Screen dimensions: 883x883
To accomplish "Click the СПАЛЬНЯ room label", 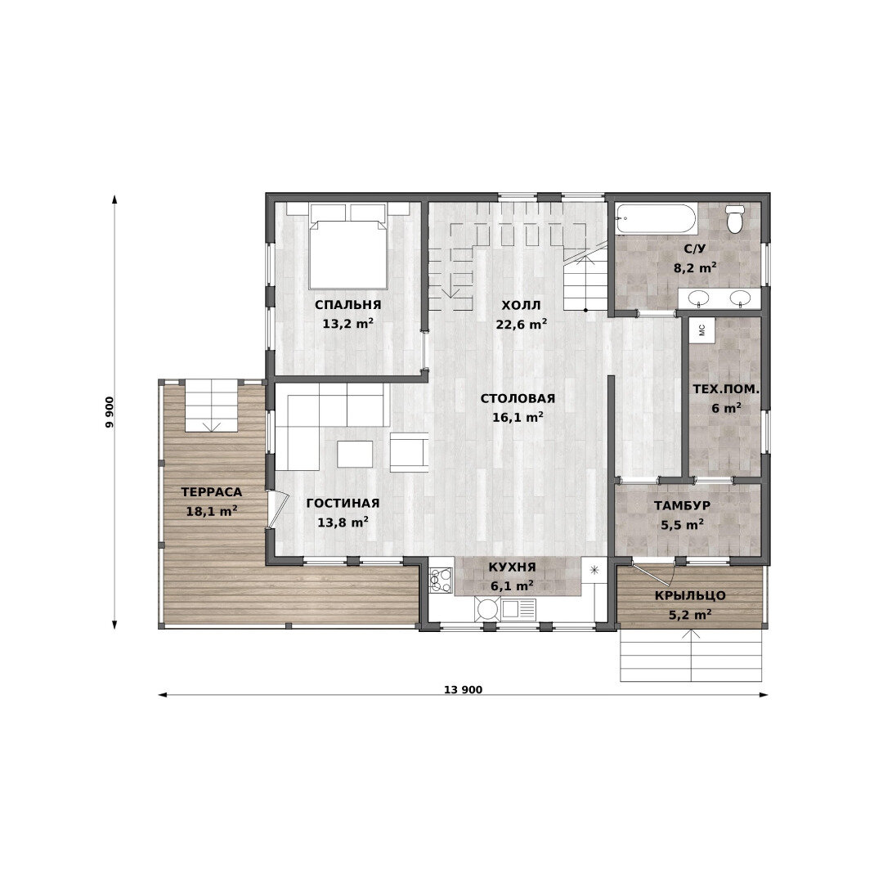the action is point(347,305).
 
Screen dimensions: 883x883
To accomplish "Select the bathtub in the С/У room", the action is point(656,219).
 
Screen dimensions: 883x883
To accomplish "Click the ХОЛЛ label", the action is point(521,305).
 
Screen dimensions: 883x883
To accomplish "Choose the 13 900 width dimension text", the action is point(463,689).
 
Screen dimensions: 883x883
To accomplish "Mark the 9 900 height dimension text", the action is point(110,412).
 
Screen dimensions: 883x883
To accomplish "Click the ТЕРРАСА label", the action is point(212,492).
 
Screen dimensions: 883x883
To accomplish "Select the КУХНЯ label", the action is point(512,567).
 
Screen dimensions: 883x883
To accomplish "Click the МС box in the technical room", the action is point(701,329).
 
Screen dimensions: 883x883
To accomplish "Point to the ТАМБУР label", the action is point(682,506).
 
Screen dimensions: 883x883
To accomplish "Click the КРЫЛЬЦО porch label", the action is point(690,596).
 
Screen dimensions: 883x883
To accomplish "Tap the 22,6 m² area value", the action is point(522,325).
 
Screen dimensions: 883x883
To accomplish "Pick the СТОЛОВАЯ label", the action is point(518,399).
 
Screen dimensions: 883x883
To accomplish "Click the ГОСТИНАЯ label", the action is point(343,504).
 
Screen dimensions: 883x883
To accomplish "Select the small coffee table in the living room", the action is point(354,454).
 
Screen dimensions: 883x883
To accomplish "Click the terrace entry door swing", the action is point(277,509).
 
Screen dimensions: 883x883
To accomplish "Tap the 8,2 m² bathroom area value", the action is point(695,268).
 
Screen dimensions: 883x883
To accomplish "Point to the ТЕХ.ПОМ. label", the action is point(726,389).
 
